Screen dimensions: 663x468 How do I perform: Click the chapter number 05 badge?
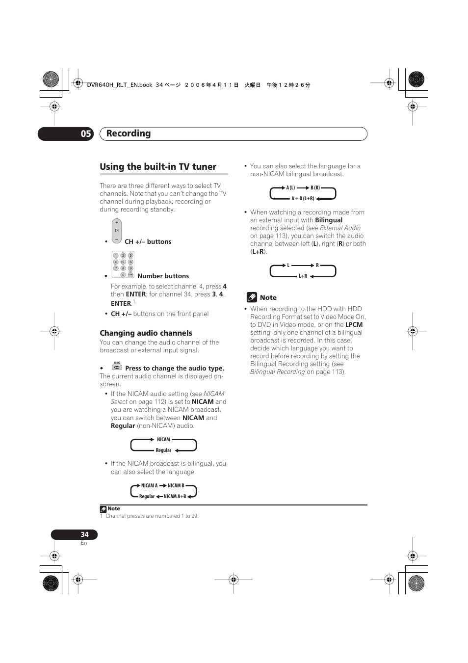coord(86,133)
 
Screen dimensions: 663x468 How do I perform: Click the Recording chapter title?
coord(129,133)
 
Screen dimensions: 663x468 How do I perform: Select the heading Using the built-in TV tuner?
coord(158,167)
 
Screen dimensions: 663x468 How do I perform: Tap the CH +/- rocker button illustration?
coord(116,231)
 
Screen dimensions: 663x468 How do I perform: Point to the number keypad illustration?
coord(123,265)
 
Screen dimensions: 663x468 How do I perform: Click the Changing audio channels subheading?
coord(146,333)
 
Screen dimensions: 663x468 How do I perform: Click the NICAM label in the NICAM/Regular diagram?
coord(163,440)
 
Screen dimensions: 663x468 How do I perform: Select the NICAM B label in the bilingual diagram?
coord(176,486)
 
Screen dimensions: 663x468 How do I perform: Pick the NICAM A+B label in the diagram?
coord(175,497)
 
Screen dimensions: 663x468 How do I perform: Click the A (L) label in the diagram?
coord(291,188)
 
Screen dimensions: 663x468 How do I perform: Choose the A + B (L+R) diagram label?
coord(303,199)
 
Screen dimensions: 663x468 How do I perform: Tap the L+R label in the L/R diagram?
coord(303,276)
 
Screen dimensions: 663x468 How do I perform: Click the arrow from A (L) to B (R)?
coord(303,188)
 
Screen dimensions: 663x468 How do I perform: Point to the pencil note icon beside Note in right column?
coord(252,297)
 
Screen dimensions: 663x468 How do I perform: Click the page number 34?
coord(84,534)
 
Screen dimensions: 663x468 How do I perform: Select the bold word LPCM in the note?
coord(354,325)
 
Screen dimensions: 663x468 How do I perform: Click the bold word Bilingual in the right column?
coord(329,220)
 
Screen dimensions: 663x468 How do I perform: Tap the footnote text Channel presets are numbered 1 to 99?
coord(152,516)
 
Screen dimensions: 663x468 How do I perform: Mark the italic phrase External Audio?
coord(340,228)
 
